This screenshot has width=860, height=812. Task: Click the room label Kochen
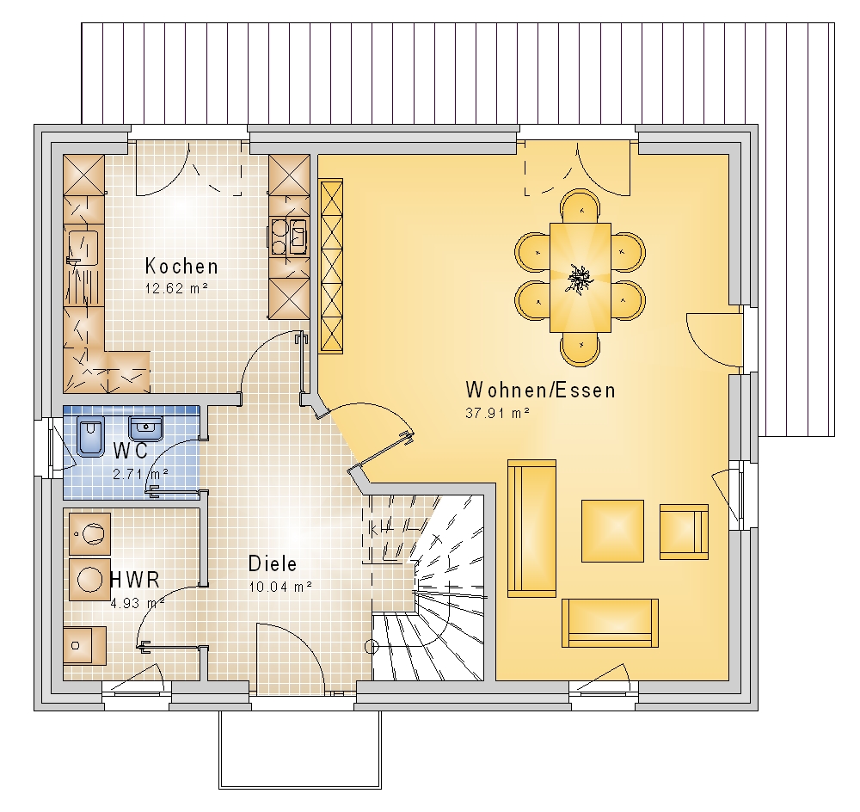pos(181,266)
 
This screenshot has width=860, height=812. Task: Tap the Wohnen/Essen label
pos(540,391)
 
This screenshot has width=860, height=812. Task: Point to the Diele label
pos(273,564)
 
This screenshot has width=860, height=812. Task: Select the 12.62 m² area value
pos(176,289)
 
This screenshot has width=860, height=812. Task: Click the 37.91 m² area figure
pos(497,413)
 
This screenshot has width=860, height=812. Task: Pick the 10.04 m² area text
pos(281,587)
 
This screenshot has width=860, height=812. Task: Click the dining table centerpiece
pos(579,279)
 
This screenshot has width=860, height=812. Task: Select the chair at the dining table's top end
pos(580,206)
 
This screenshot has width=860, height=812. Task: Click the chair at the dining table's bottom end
pos(580,349)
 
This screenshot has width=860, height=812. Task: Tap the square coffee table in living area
pos(612,531)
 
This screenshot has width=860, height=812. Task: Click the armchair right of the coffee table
pos(684,532)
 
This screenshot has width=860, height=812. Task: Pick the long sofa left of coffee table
pos(532,528)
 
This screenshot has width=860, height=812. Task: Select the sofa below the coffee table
pos(610,623)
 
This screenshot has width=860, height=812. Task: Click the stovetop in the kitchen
pos(289,237)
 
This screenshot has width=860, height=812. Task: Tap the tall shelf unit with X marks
pos(331,266)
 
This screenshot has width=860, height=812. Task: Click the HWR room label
pos(136,580)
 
